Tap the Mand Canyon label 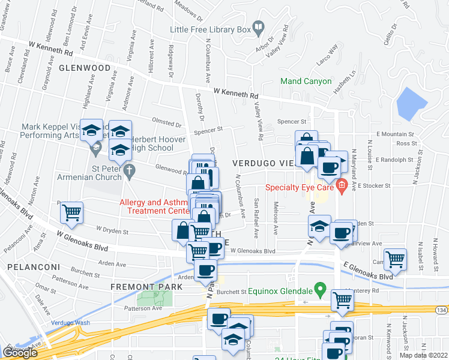click(306, 81)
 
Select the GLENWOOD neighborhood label click(85, 68)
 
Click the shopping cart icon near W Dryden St click(71, 212)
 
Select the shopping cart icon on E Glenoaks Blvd click(395, 259)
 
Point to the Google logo click(20, 353)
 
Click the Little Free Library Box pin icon click(258, 26)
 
